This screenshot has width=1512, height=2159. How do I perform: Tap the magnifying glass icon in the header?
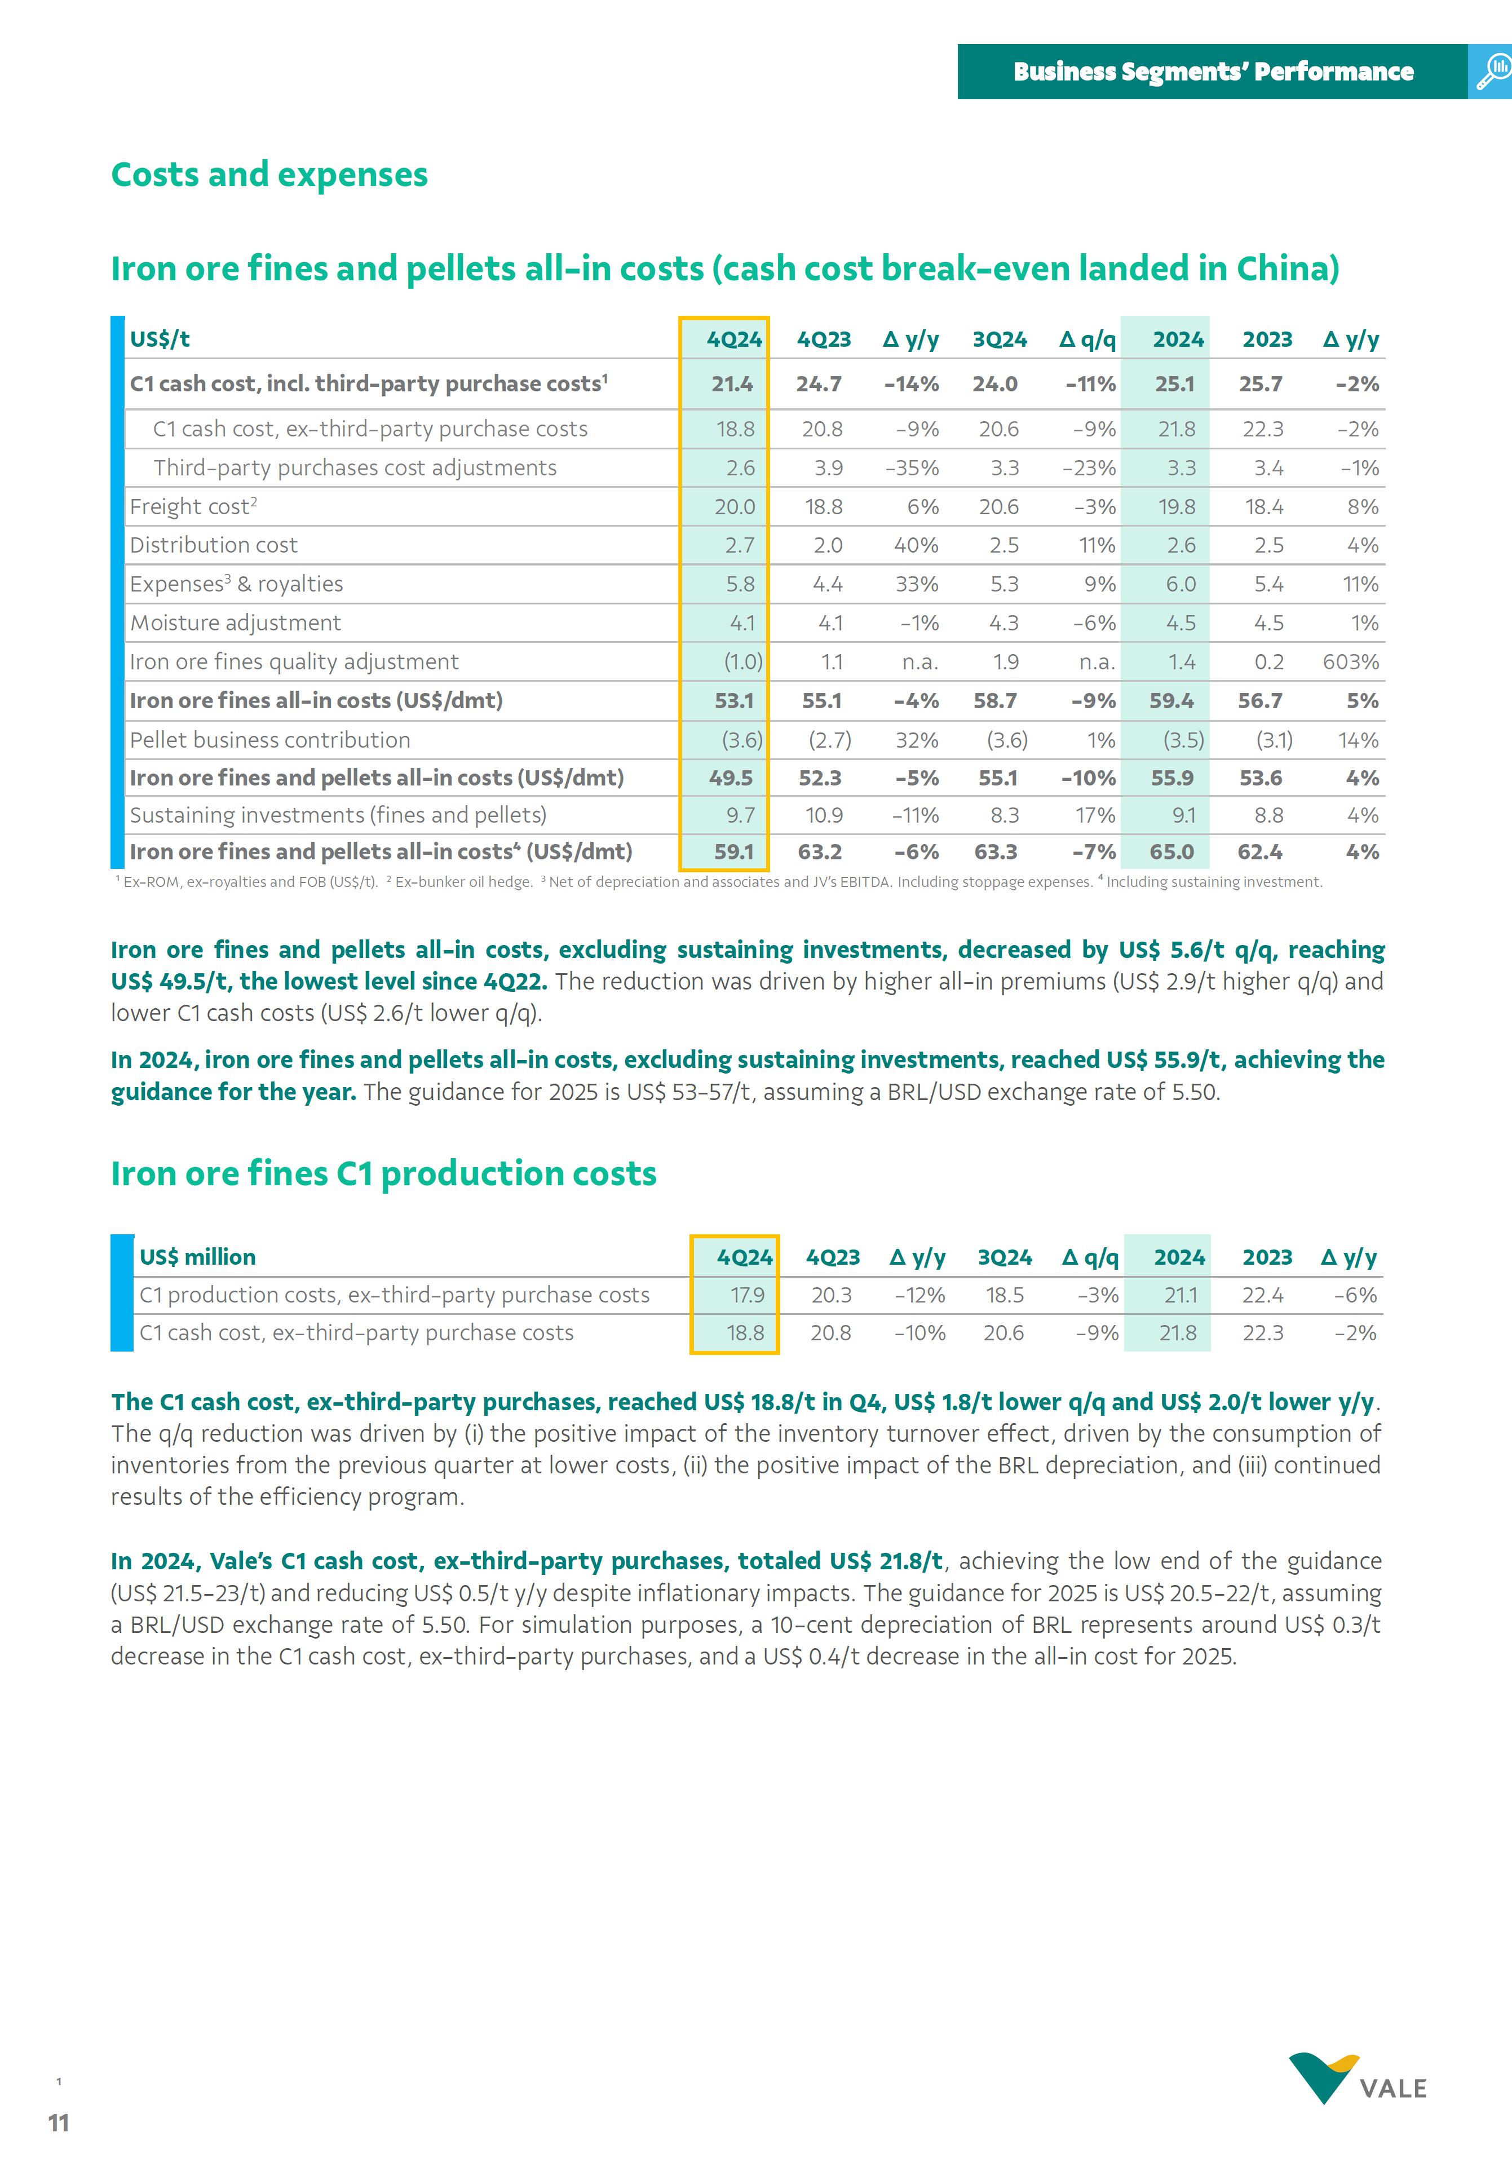tap(1492, 72)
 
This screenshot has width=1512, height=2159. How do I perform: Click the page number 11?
tap(58, 2123)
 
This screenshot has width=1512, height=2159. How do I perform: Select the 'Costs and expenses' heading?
tap(269, 175)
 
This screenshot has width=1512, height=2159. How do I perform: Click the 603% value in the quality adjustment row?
tap(1350, 662)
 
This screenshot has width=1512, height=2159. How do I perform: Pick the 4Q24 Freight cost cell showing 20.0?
tap(735, 507)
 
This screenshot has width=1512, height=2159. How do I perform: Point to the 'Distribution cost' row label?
tap(214, 545)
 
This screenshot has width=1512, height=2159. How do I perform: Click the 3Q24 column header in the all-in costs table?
tap(1000, 339)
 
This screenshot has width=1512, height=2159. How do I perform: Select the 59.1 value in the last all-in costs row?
tap(733, 852)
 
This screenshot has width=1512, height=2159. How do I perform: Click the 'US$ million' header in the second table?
tap(197, 1257)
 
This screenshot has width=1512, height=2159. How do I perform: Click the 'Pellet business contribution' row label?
tap(270, 740)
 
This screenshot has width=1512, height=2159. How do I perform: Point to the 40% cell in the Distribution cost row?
tap(916, 545)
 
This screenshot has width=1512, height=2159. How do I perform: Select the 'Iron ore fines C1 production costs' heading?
tap(384, 1173)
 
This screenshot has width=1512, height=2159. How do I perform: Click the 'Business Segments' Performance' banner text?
tap(1213, 72)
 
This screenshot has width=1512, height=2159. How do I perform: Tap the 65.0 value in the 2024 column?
tap(1171, 852)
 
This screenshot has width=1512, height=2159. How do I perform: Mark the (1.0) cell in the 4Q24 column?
tap(743, 662)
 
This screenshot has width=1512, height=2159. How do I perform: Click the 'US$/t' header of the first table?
tap(160, 339)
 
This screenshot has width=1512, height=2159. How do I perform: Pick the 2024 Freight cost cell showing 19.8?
tap(1177, 507)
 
